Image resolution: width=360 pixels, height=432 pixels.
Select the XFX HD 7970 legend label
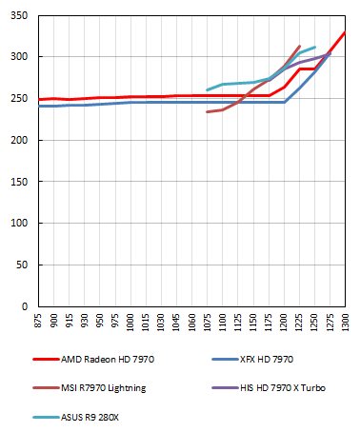[x=262, y=360]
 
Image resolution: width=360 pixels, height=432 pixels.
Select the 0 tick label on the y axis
[x=26, y=307]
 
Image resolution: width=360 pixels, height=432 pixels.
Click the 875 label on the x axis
[x=39, y=324]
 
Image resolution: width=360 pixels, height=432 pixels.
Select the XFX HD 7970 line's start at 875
[x=39, y=106]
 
